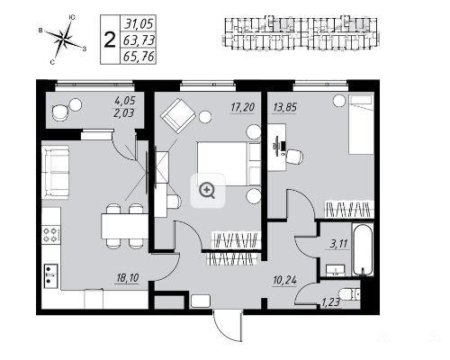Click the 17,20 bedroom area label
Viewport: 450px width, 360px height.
pos(242,108)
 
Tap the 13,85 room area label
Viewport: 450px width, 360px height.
pos(284,108)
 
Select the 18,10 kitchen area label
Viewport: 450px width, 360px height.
pos(128,278)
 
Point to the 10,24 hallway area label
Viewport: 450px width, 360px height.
pos(284,281)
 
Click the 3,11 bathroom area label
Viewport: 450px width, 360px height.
pos(338,244)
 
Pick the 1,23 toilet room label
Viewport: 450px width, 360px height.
pos(331,302)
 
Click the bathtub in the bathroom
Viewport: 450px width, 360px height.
pos(363,249)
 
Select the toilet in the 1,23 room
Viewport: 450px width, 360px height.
pos(348,294)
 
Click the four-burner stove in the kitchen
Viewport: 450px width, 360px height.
pos(51,235)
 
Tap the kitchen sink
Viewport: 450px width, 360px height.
pos(50,275)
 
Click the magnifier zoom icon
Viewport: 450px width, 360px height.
pos(208,191)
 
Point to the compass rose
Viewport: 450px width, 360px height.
pos(64,39)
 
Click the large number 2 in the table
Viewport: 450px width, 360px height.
pos(110,40)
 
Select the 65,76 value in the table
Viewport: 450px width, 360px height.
pos(139,57)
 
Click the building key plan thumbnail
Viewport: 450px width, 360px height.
pos(301,33)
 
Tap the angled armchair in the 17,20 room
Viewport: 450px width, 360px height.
pos(178,116)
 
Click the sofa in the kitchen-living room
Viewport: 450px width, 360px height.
pos(56,173)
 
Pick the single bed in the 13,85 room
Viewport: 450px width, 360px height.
pos(361,124)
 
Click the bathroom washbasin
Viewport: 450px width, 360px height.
pos(336,271)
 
